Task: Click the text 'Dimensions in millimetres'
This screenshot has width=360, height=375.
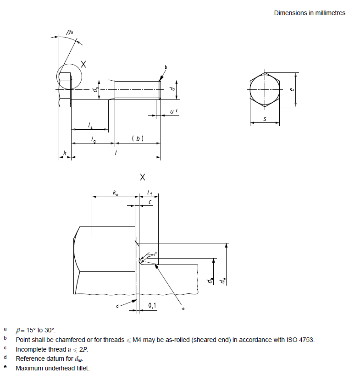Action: point(310,13)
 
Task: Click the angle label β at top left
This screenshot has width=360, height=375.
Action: point(69,32)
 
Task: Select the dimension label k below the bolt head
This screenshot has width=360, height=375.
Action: point(65,153)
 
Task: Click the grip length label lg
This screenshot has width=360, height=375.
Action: point(94,140)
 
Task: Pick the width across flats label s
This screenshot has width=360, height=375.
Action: point(265,119)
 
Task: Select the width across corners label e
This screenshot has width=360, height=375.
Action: point(292,89)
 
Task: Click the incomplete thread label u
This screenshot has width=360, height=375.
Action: point(172,111)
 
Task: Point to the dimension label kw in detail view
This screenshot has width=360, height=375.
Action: point(115,193)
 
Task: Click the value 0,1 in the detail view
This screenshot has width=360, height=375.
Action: point(152,305)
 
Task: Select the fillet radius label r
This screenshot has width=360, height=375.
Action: point(156,254)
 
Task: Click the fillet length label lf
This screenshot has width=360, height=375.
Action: point(150,193)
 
